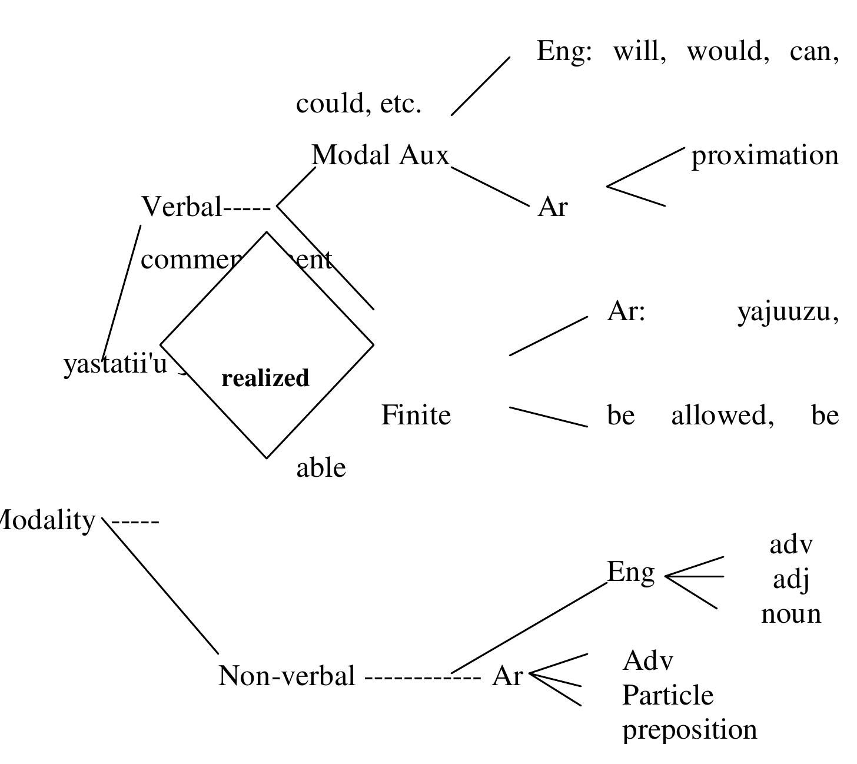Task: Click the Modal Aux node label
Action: (380, 155)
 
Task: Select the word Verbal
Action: (181, 207)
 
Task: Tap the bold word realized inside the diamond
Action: (265, 378)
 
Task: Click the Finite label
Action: (416, 416)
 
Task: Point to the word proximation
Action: (765, 156)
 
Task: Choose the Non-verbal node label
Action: (287, 676)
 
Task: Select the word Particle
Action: (667, 696)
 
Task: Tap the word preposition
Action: (689, 730)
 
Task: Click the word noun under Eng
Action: (790, 614)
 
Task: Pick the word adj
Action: (790, 580)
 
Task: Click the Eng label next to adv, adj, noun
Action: (630, 572)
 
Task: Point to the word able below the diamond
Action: (321, 468)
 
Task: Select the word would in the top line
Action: (728, 52)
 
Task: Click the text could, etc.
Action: (358, 104)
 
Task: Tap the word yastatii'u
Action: (115, 364)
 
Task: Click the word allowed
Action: (722, 416)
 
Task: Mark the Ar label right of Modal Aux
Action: (552, 207)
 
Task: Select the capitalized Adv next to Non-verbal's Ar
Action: (647, 661)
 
